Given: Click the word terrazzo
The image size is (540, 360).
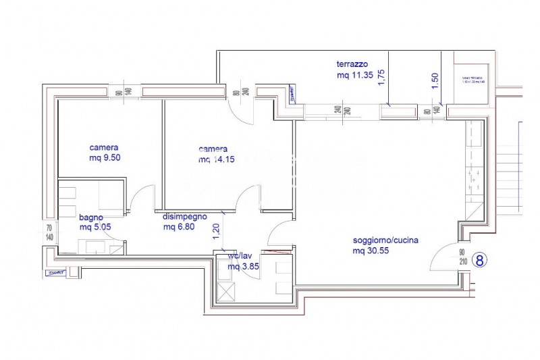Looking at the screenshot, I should coord(352,64).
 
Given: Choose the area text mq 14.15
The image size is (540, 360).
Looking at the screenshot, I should coord(213,159).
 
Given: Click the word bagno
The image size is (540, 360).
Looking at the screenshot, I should coord(90,217).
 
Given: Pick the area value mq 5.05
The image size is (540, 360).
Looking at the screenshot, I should coord(94,227).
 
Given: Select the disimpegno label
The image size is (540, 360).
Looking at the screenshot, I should coord(184,217).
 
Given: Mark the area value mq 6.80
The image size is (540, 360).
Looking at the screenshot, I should coord(178,227).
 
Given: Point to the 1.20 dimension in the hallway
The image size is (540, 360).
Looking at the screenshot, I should coord(217,232).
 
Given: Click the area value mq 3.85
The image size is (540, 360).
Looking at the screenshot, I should coord(243,266).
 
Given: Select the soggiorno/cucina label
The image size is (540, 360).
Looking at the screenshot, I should coord(380,240).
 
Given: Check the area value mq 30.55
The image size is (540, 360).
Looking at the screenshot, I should coord(370,251).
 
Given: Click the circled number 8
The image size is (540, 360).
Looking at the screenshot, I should coord(479,259).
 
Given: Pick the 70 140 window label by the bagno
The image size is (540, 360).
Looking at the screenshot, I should coord(48,232).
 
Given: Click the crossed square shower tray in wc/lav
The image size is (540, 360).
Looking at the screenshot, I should coord(225,292).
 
